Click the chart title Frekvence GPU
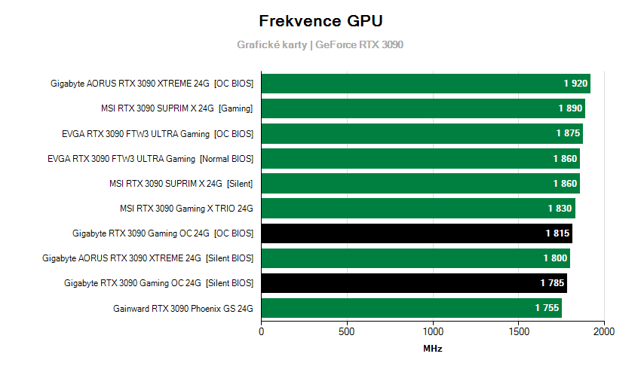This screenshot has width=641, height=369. click(x=320, y=20)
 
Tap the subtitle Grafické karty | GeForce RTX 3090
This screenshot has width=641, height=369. click(x=320, y=44)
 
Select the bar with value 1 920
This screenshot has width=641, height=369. click(x=425, y=84)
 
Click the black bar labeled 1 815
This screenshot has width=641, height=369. click(x=416, y=233)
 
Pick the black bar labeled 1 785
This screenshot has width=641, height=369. click(x=414, y=283)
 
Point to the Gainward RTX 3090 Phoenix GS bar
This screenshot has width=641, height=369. click(x=411, y=308)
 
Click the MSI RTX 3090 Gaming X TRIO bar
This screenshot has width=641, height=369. click(x=418, y=209)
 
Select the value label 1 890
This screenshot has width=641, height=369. click(x=570, y=108)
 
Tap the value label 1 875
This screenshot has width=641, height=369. click(x=568, y=133)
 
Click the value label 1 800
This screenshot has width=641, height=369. click(x=555, y=258)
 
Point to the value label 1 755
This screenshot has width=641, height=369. click(x=547, y=308)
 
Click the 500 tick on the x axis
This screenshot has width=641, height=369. click(x=347, y=331)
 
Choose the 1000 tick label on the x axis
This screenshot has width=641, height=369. click(x=433, y=331)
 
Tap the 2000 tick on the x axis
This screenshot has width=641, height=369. click(x=604, y=331)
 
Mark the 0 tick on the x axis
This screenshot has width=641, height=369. click(x=262, y=331)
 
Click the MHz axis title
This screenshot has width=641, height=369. click(x=433, y=349)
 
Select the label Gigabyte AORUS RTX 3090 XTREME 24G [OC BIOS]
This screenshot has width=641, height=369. click(x=152, y=84)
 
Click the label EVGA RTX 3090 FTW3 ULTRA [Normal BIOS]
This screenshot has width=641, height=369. click(x=150, y=158)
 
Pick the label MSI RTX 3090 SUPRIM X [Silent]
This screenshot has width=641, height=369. click(x=181, y=183)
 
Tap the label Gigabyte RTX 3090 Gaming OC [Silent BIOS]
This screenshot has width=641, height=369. click(x=158, y=283)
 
